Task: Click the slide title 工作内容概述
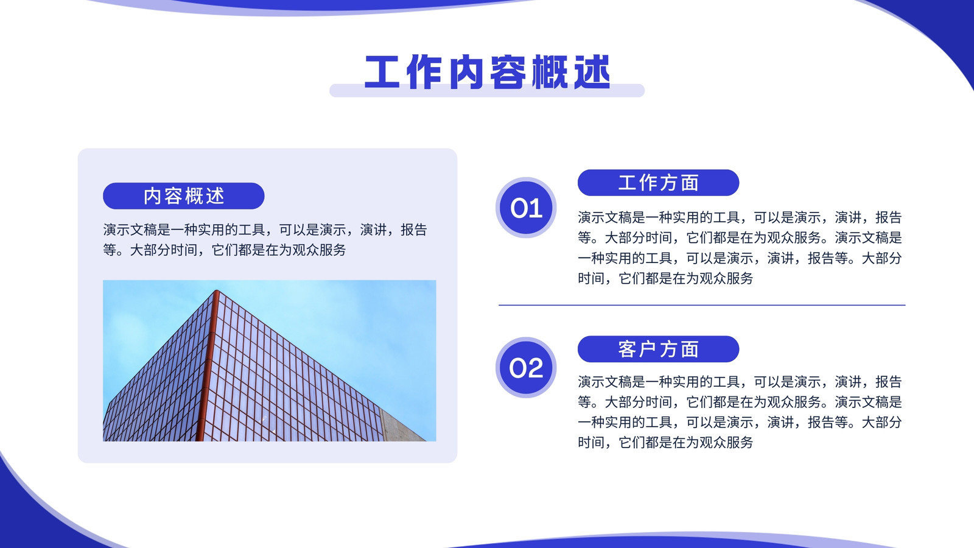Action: click(x=487, y=72)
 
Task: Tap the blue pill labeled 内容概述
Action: click(x=183, y=195)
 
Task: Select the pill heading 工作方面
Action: click(x=658, y=183)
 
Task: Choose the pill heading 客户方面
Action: click(x=658, y=349)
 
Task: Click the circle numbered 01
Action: click(x=526, y=208)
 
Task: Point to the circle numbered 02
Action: click(x=526, y=368)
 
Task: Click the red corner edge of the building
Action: click(x=207, y=365)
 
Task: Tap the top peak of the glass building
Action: click(x=216, y=290)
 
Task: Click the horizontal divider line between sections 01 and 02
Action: click(x=702, y=305)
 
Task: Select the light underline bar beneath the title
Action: click(x=487, y=91)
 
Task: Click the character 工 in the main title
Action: click(x=382, y=72)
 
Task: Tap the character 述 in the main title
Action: click(x=592, y=72)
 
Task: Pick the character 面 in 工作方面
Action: click(x=690, y=183)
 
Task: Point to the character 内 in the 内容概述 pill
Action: click(x=153, y=196)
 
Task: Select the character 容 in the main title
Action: click(x=508, y=72)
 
